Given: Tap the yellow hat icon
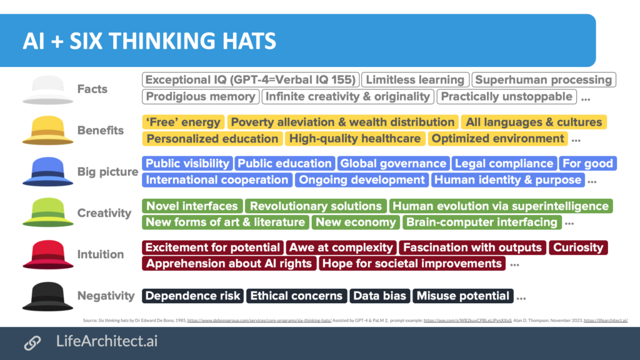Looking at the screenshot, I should pyautogui.click(x=48, y=131).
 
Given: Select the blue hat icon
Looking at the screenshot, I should pyautogui.click(x=48, y=172).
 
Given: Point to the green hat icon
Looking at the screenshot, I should pyautogui.click(x=48, y=213).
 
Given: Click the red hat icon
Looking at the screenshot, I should pyautogui.click(x=48, y=254).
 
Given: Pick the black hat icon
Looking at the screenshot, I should pyautogui.click(x=48, y=296).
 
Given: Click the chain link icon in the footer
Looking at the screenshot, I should pyautogui.click(x=32, y=342).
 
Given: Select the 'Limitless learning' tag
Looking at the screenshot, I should pyautogui.click(x=415, y=80).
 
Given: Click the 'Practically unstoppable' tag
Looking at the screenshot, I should pyautogui.click(x=506, y=96).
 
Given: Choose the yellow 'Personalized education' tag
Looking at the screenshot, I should pyautogui.click(x=212, y=139).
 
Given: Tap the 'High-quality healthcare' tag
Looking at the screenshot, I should pyautogui.click(x=355, y=139).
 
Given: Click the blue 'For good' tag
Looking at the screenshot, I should pyautogui.click(x=587, y=164).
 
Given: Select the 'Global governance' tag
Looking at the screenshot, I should pyautogui.click(x=393, y=164).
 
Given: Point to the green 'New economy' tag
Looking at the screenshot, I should pyautogui.click(x=356, y=222).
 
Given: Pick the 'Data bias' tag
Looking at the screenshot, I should pyautogui.click(x=380, y=296).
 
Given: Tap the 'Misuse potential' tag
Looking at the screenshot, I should pyautogui.click(x=463, y=296).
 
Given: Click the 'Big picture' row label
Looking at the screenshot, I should pyautogui.click(x=107, y=172).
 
